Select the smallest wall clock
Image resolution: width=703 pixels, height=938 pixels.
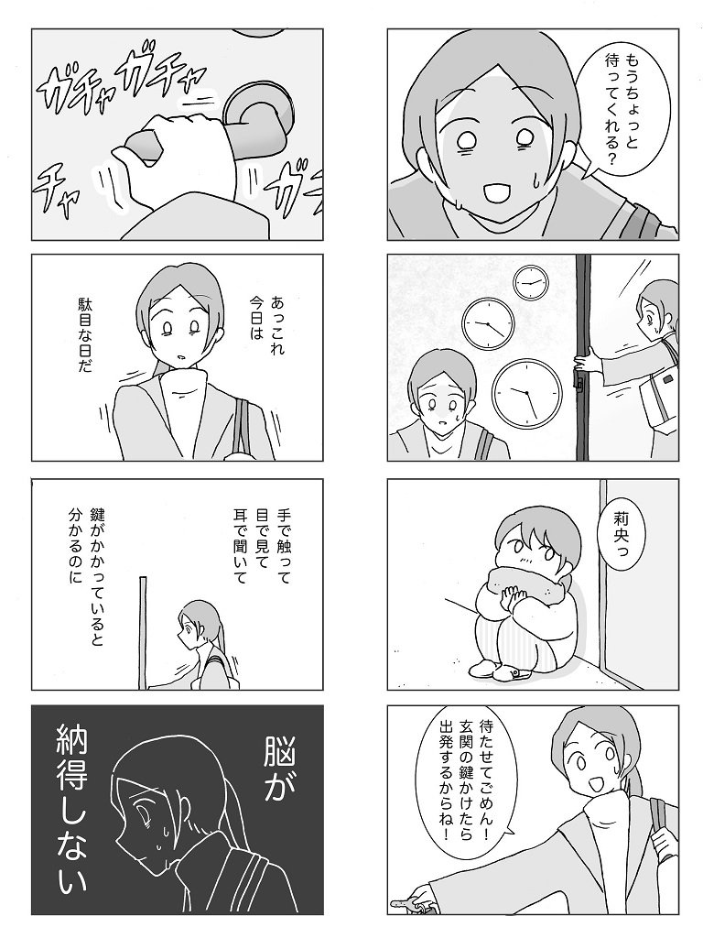coord(531,282)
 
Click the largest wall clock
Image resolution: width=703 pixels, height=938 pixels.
coord(527,392)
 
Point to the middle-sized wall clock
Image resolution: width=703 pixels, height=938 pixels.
coord(489,323)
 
